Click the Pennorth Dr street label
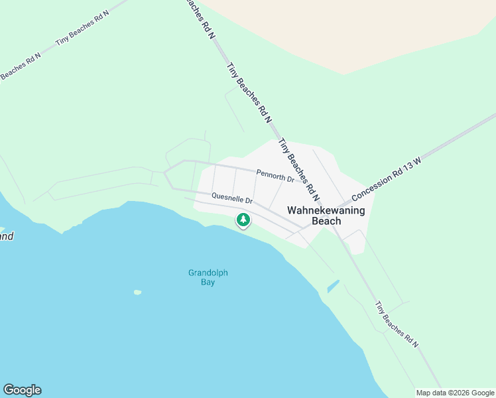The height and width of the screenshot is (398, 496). tap(275, 178)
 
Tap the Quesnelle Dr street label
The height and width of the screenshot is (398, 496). tap(232, 198)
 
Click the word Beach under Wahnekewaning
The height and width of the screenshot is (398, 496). tap(326, 221)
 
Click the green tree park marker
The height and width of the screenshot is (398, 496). tap(243, 220)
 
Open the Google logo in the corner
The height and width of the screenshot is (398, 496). tap(22, 390)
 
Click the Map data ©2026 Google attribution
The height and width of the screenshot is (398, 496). tap(454, 393)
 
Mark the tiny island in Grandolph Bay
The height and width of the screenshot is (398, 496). tap(137, 292)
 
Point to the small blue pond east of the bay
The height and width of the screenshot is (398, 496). tap(333, 287)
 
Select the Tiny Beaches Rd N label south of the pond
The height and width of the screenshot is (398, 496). tap(397, 324)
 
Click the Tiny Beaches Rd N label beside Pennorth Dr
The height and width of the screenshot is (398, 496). tap(300, 170)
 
